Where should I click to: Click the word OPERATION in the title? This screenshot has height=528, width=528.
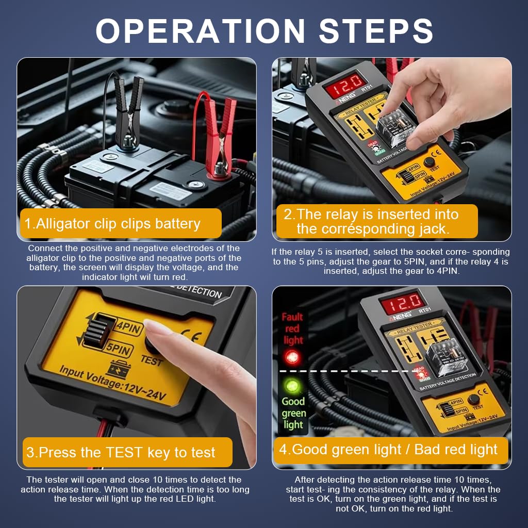[201, 30]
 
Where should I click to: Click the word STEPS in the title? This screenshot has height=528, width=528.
[376, 30]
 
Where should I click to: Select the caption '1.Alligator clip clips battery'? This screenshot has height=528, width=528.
[112, 224]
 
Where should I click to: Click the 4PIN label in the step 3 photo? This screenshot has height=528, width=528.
[129, 326]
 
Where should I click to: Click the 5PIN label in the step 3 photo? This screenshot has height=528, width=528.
[119, 349]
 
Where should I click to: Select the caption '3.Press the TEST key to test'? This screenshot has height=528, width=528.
[121, 452]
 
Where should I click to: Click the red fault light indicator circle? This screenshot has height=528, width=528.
[292, 356]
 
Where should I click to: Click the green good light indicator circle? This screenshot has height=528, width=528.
[292, 386]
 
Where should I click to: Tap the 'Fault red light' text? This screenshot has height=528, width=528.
[292, 328]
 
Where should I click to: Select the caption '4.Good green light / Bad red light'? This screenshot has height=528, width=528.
[388, 450]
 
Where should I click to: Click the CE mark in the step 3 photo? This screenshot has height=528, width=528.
[192, 335]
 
